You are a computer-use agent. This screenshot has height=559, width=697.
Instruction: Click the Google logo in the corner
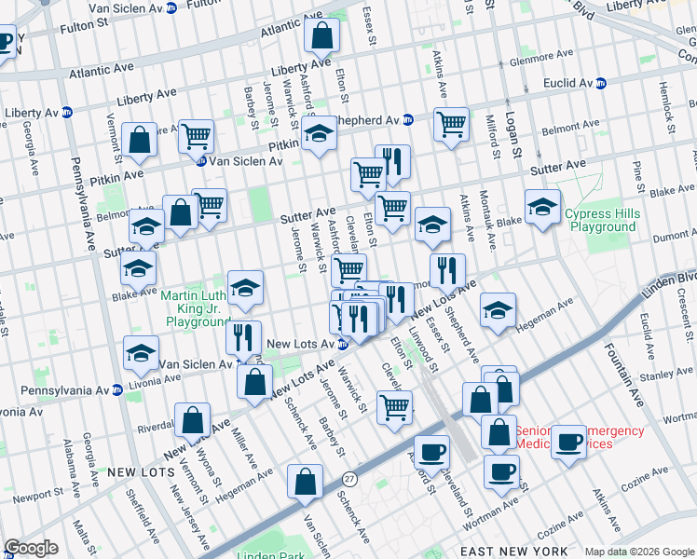pyautogui.click(x=30, y=548)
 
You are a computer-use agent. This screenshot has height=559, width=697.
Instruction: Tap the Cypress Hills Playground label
pyautogui.click(x=603, y=220)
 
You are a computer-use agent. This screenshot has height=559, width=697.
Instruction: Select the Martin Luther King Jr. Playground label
pyautogui.click(x=195, y=308)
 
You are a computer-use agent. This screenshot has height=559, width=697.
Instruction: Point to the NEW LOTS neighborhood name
pyautogui.click(x=136, y=472)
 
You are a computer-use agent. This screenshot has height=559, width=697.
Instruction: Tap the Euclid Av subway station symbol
pyautogui.click(x=601, y=83)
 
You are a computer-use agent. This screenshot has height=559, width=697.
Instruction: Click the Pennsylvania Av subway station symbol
pyautogui.click(x=117, y=389)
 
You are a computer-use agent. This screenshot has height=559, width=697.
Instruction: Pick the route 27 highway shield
pyautogui.click(x=349, y=478)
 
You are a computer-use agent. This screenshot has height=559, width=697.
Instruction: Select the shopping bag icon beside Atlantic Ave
pyautogui.click(x=321, y=36)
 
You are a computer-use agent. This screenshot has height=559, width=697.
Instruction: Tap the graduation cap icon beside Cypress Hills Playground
pyautogui.click(x=542, y=208)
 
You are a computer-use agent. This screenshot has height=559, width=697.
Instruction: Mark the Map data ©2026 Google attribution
pyautogui.click(x=638, y=552)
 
